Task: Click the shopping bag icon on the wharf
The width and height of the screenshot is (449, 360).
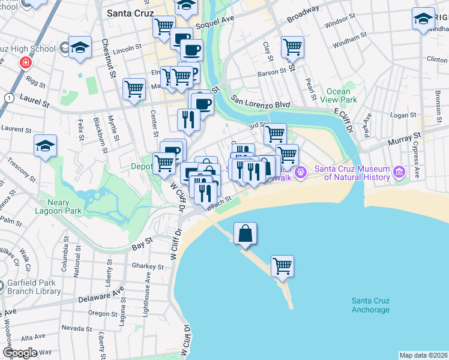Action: (245, 233)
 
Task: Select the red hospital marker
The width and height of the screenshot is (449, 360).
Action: (25, 62)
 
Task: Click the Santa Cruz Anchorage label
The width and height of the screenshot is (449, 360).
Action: (370, 305)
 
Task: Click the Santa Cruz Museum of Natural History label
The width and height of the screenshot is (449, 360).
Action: (357, 173)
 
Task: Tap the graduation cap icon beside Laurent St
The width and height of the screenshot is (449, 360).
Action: (45, 146)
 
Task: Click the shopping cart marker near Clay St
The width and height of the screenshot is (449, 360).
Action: (292, 46)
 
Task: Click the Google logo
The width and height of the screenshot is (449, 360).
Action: (19, 353)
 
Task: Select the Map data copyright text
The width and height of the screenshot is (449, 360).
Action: (423, 355)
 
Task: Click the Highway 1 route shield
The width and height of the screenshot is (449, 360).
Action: (9, 97)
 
